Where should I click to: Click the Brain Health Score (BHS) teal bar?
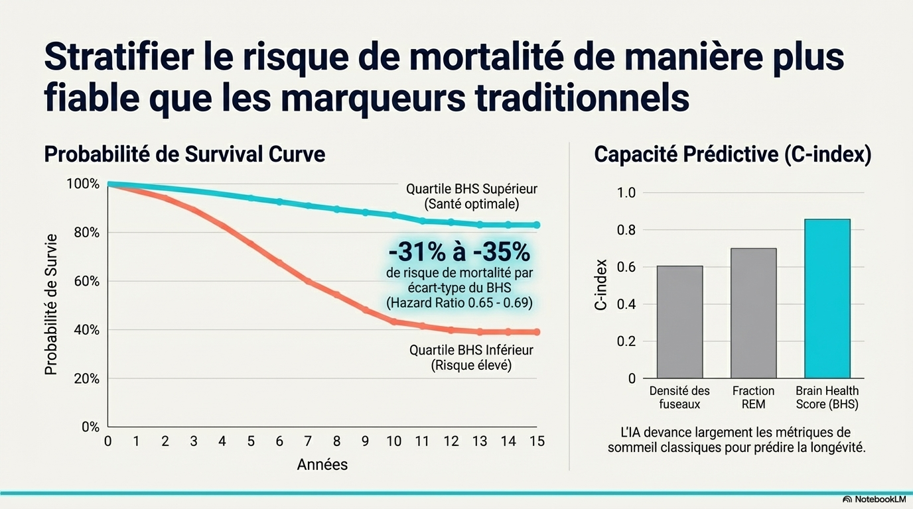pyautogui.click(x=827, y=298)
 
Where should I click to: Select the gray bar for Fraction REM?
pyautogui.click(x=753, y=313)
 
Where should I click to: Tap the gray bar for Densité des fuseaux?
pyautogui.click(x=679, y=322)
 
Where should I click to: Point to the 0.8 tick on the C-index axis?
pyautogui.click(x=626, y=230)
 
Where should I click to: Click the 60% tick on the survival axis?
pyautogui.click(x=86, y=281)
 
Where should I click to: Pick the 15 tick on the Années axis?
pyautogui.click(x=537, y=440)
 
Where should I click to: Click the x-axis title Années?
pyautogui.click(x=322, y=464)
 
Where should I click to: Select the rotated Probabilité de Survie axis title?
pyautogui.click(x=51, y=304)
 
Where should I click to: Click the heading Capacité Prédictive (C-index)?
pyautogui.click(x=733, y=154)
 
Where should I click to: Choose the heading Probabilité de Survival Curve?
pyautogui.click(x=184, y=154)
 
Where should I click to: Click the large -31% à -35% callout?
pyautogui.click(x=458, y=252)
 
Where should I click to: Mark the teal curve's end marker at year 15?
pyautogui.click(x=537, y=225)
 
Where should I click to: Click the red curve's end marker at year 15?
pyautogui.click(x=537, y=332)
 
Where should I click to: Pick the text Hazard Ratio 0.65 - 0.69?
pyautogui.click(x=459, y=303)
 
